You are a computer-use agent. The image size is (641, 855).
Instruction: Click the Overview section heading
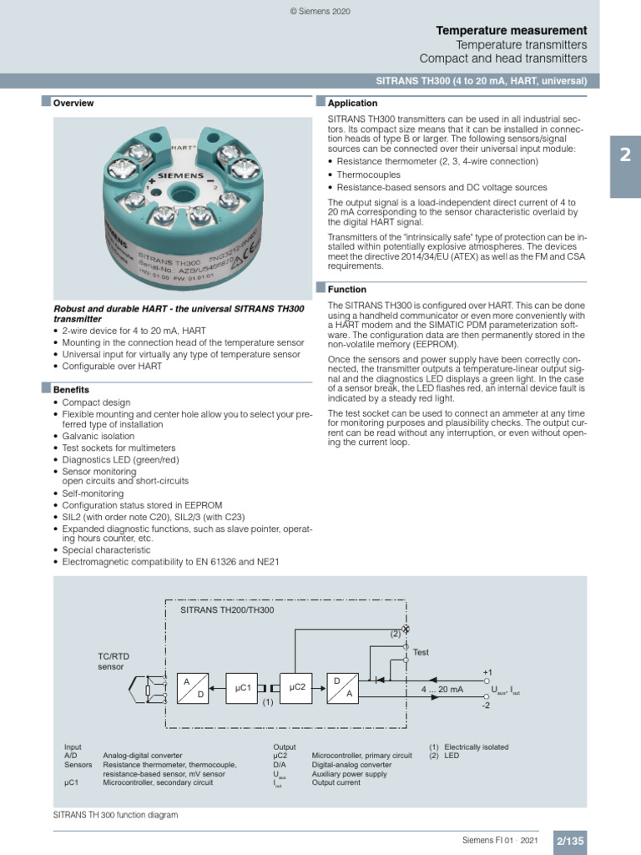[x=73, y=104]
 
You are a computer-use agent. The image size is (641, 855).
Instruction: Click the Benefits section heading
[x=71, y=390]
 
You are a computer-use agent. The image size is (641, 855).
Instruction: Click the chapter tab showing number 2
[x=625, y=155]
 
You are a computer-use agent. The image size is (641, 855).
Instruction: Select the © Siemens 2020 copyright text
[x=320, y=12]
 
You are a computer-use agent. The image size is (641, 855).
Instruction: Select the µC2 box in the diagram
[x=298, y=687]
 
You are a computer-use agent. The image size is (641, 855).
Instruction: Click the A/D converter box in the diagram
[x=192, y=688]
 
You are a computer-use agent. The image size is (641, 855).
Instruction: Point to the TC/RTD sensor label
[x=111, y=662]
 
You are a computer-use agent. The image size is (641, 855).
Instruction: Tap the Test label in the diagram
[x=422, y=652]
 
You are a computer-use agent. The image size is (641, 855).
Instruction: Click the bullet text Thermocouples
[x=368, y=175]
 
